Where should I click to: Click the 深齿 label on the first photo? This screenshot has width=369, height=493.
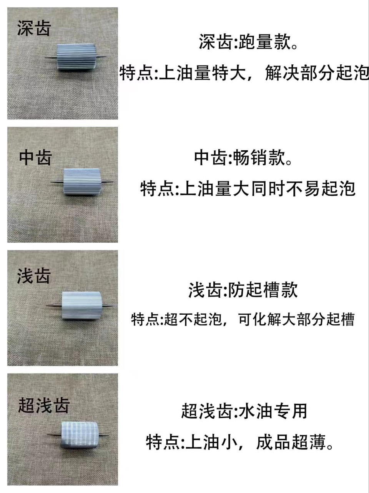tap(34, 29)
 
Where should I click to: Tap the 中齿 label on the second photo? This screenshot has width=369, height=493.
tap(35, 158)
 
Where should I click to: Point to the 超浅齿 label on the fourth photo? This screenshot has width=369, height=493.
tap(44, 405)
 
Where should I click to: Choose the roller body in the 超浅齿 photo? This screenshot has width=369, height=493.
tap(81, 434)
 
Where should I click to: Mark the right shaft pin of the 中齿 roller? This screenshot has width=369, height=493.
tap(108, 181)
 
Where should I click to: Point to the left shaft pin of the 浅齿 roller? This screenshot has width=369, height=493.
tap(54, 305)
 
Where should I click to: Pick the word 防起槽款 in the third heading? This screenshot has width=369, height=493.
tap(263, 290)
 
